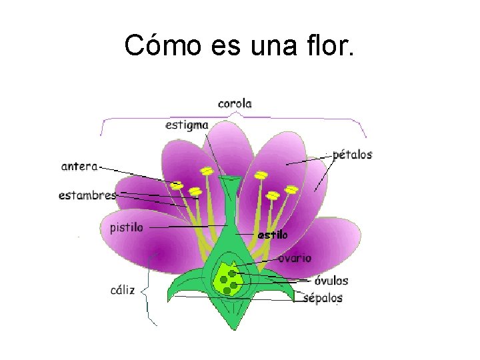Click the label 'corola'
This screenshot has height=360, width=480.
(235, 103)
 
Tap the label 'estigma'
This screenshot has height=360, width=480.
(187, 125)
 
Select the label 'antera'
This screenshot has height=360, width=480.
(79, 166)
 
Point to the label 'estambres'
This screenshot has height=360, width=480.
(87, 195)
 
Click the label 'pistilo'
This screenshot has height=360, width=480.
(126, 227)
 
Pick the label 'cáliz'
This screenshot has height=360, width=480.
(123, 290)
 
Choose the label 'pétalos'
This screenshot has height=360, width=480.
(352, 155)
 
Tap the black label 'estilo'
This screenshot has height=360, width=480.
(272, 235)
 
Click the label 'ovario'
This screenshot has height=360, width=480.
(295, 258)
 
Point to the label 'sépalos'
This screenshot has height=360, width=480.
(323, 298)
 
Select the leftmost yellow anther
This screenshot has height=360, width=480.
(177, 185)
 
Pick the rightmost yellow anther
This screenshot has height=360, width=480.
(292, 189)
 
